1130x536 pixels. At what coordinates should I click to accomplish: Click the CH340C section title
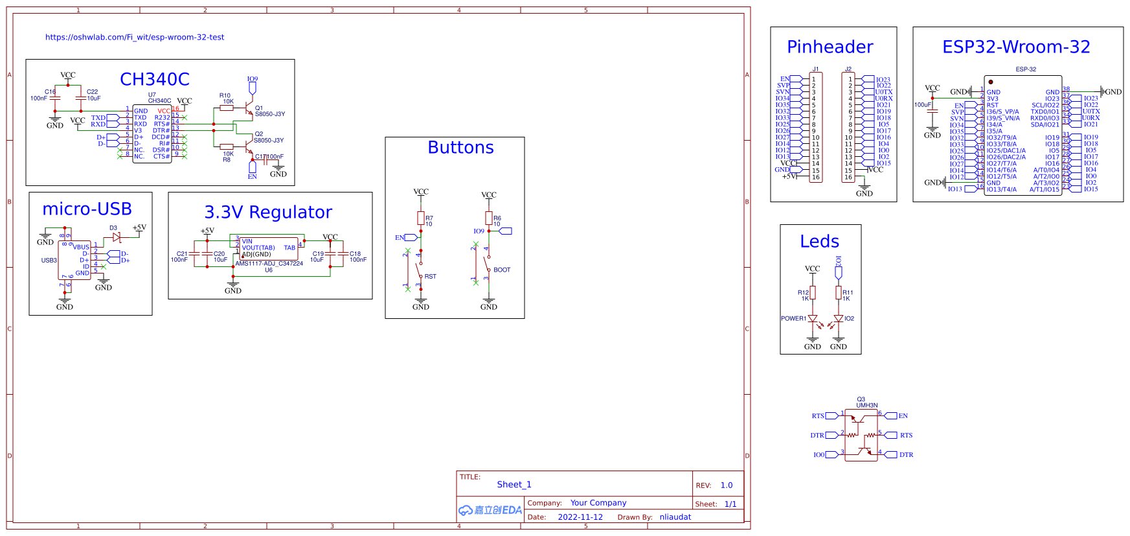155,79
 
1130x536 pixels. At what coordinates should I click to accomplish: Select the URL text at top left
135,38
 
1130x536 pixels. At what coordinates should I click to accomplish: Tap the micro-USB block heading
87,209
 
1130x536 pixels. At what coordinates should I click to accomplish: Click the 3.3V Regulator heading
268,212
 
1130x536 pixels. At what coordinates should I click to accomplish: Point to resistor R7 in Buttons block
421,218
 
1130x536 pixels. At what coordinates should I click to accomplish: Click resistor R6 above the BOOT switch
489,218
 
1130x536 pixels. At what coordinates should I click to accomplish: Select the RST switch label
430,277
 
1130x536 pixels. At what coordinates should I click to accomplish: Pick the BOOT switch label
502,270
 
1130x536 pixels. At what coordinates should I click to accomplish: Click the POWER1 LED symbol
813,319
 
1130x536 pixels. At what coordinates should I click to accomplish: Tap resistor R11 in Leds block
839,293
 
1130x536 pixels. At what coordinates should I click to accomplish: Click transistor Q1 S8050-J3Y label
269,114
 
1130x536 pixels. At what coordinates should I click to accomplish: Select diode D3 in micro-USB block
117,238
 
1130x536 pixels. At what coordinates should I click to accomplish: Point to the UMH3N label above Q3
867,405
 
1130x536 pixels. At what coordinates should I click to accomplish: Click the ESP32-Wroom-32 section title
1016,47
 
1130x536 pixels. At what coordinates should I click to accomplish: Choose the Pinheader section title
830,47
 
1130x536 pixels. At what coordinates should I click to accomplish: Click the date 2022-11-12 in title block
580,517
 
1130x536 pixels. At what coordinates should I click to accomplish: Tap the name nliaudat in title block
675,517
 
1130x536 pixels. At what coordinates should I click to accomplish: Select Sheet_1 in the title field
514,485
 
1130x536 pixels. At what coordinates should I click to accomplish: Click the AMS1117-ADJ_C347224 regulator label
269,264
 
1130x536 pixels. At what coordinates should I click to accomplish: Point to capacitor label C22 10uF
93,95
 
